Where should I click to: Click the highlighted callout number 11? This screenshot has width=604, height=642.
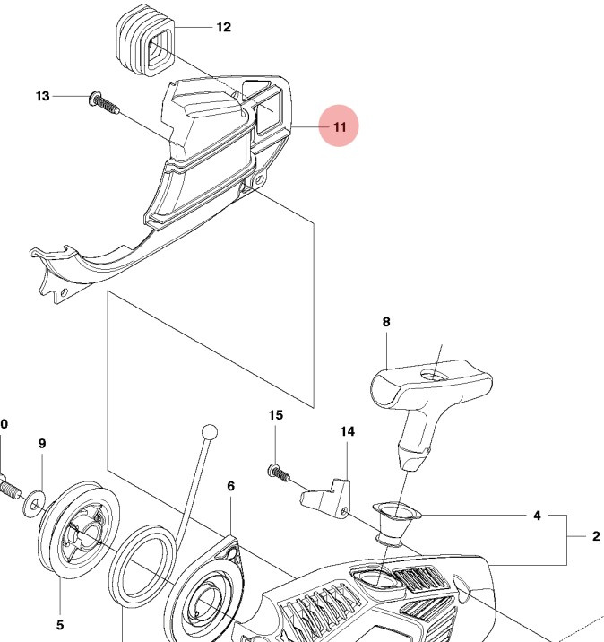(339, 127)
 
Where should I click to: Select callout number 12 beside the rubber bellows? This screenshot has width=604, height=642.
(223, 27)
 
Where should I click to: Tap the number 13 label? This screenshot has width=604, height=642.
(43, 96)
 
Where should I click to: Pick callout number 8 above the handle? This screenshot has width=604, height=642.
(386, 321)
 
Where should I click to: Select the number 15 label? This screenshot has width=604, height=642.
(276, 415)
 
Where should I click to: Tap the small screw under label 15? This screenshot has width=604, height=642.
(276, 471)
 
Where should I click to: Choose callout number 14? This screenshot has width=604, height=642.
(347, 431)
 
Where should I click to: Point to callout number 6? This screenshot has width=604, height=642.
(230, 486)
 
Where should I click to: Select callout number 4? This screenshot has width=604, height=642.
(537, 516)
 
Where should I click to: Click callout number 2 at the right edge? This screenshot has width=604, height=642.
(595, 538)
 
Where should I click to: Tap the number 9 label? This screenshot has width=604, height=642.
(41, 443)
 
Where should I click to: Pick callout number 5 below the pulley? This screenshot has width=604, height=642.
(59, 625)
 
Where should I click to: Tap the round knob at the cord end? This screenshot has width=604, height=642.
(210, 432)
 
